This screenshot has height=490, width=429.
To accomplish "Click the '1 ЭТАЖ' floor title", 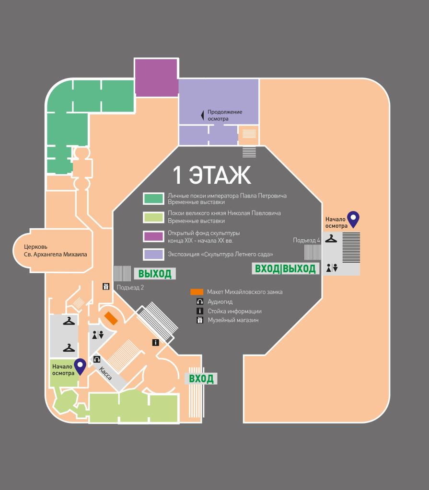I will (x=211, y=176).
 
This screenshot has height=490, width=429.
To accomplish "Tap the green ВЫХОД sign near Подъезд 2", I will (x=154, y=274).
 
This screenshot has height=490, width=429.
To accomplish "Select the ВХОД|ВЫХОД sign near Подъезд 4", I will (x=285, y=268).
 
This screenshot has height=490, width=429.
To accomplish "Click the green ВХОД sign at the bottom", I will (x=201, y=379).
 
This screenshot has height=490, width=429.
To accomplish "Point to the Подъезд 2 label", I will (x=130, y=287).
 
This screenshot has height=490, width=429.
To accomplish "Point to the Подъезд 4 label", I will (x=306, y=240).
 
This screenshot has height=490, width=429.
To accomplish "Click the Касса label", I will (x=105, y=373).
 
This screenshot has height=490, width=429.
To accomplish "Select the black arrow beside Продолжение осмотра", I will (x=202, y=115).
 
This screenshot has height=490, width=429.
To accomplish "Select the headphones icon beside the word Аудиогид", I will (x=200, y=301).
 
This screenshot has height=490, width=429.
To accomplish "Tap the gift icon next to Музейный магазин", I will (x=200, y=320).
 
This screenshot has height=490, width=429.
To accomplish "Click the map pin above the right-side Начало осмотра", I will (x=353, y=219).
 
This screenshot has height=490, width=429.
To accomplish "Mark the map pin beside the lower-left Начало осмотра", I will (x=81, y=366).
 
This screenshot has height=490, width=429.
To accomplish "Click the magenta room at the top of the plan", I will (x=156, y=78).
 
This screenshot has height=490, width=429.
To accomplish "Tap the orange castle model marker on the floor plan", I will (x=111, y=318).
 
